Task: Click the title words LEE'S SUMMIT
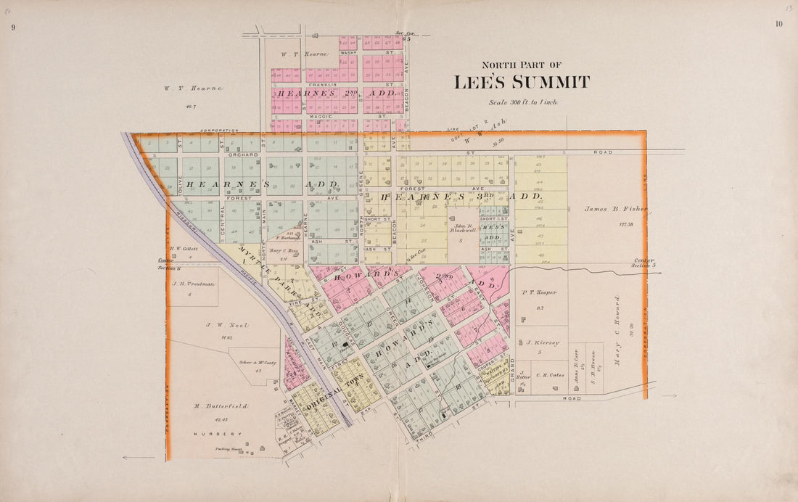522,83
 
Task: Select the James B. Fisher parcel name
616,209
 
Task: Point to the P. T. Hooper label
539,292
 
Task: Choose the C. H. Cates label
550,375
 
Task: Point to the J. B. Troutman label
193,284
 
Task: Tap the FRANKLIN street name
322,85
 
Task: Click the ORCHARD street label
242,155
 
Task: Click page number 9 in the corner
13,27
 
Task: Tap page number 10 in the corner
778,24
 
